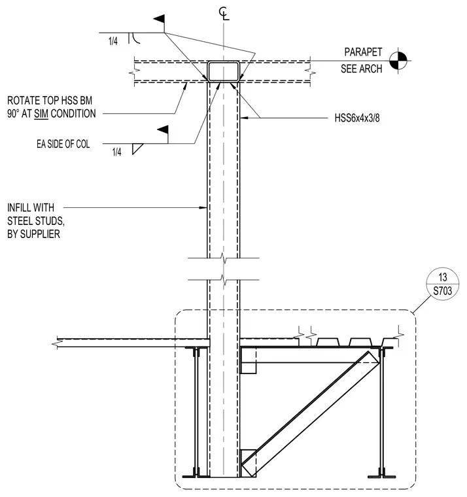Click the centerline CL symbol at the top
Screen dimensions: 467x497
pos(224,14)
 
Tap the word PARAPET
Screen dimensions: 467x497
pos(363,52)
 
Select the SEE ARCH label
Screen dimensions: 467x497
pos(362,69)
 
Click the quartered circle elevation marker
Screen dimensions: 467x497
pos(398,60)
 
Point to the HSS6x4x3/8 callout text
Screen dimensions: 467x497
pos(357,118)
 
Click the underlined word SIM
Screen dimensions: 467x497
pos(41,114)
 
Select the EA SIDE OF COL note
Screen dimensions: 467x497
pos(63,144)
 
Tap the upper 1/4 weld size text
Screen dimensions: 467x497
pos(113,41)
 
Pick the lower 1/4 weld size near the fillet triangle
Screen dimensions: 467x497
pos(116,152)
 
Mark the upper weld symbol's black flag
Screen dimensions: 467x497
pos(160,19)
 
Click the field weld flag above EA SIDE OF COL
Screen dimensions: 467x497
pos(163,130)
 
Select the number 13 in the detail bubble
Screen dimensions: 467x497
pos(443,277)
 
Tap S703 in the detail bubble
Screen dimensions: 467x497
pos(443,290)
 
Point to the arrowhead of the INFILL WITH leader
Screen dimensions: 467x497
pos(203,207)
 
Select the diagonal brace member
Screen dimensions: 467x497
pos(311,413)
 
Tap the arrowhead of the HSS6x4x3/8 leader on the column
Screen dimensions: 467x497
pos(243,118)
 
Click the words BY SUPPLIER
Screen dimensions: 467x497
pos(33,234)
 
